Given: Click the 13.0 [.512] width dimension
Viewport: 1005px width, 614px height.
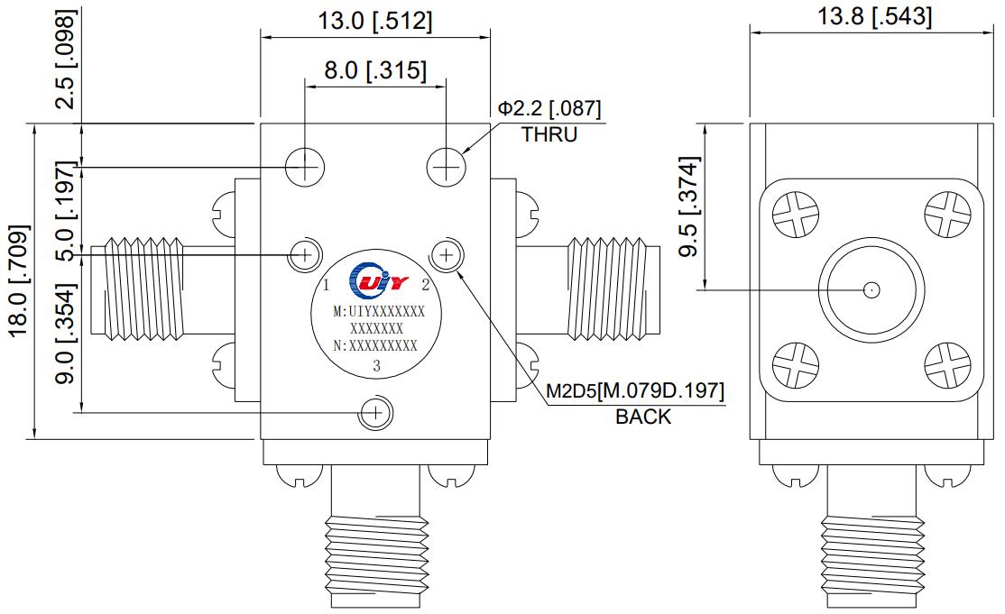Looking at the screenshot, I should click(x=374, y=21).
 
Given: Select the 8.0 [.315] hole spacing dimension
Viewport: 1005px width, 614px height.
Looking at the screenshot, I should click(x=374, y=70).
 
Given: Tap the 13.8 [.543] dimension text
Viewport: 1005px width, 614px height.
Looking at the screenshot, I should click(x=874, y=16).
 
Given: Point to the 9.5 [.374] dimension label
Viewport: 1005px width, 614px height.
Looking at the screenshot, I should click(x=689, y=207).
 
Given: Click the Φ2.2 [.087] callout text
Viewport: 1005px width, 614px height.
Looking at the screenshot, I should click(x=549, y=109).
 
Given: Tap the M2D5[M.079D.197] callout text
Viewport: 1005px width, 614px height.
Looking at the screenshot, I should click(x=636, y=391).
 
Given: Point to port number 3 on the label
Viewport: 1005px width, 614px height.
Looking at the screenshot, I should click(x=376, y=366).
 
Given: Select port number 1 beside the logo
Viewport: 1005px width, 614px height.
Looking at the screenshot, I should click(x=326, y=286).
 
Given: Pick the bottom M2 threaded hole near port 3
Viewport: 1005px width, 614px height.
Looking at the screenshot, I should click(x=374, y=413).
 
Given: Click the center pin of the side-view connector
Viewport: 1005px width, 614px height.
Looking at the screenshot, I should click(x=871, y=290).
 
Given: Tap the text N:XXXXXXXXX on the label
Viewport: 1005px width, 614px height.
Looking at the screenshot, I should click(x=375, y=345).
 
